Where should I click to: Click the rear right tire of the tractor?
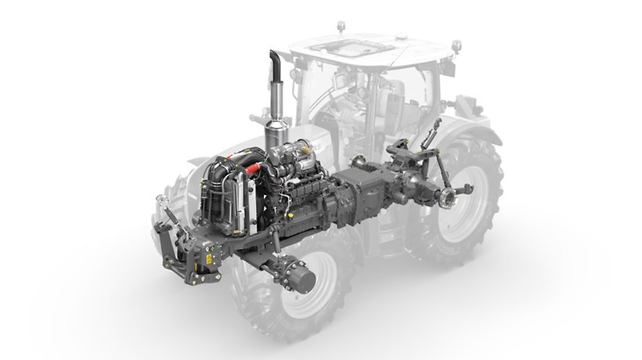462,211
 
